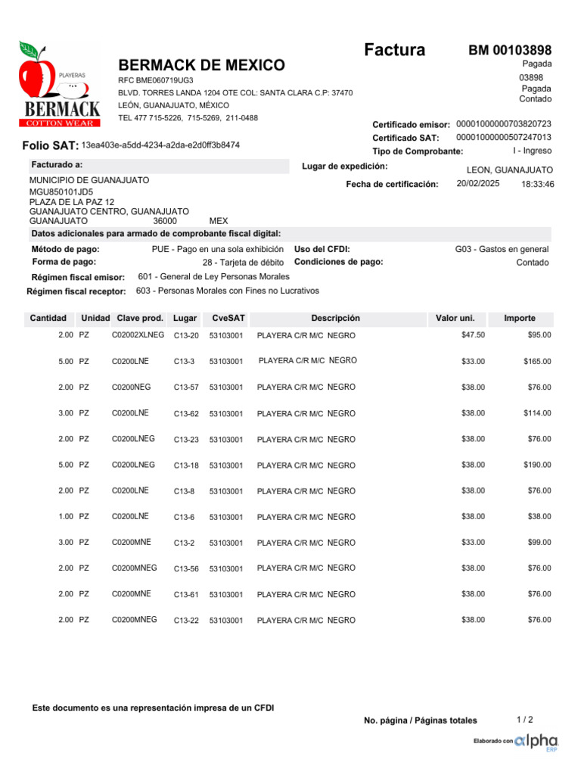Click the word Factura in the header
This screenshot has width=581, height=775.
[x=394, y=51]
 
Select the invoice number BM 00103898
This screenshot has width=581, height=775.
[x=510, y=51]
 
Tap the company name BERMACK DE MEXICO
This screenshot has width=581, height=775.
[x=202, y=65]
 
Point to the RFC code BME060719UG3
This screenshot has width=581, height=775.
[x=155, y=80]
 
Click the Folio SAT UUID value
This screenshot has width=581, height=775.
[x=160, y=145]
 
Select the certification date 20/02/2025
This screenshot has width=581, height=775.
[x=478, y=184]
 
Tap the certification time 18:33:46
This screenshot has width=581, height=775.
[x=538, y=184]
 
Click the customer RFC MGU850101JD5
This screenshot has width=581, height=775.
[x=61, y=192]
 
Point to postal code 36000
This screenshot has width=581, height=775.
[x=165, y=221]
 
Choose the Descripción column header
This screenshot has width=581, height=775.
[x=335, y=319]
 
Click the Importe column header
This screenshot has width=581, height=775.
[x=520, y=319]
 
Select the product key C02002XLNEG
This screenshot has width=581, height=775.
[x=138, y=335]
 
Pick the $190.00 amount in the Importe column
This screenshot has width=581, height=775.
[x=537, y=465]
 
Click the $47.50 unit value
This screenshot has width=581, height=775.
[x=473, y=335]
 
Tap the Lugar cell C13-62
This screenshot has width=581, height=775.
[x=186, y=414]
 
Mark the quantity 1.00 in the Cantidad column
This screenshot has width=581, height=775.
[x=66, y=516]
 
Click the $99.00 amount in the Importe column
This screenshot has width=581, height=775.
[x=539, y=543]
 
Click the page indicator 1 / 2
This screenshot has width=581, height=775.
[x=525, y=719]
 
